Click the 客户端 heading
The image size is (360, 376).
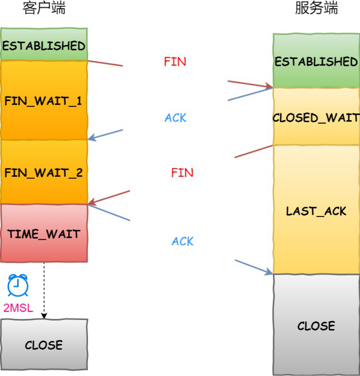click(44, 9)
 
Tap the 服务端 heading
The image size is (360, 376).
click(316, 9)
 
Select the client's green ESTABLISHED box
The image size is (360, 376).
click(44, 45)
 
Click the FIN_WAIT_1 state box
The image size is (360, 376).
click(44, 100)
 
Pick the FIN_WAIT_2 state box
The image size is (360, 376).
click(44, 172)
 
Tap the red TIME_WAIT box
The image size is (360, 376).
click(44, 234)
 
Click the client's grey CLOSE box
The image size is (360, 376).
click(44, 345)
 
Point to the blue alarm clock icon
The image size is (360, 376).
click(18, 285)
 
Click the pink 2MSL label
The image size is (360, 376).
click(18, 308)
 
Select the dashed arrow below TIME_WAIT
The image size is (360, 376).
click(44, 290)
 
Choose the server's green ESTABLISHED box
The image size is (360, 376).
click(316, 61)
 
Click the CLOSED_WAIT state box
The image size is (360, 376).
click(316, 117)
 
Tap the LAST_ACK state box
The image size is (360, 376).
click(316, 211)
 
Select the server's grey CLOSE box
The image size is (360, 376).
click(316, 326)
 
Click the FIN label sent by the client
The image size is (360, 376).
click(175, 62)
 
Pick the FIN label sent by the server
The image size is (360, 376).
click(182, 173)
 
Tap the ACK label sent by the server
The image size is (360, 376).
click(175, 118)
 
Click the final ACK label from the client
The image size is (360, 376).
click(183, 241)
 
